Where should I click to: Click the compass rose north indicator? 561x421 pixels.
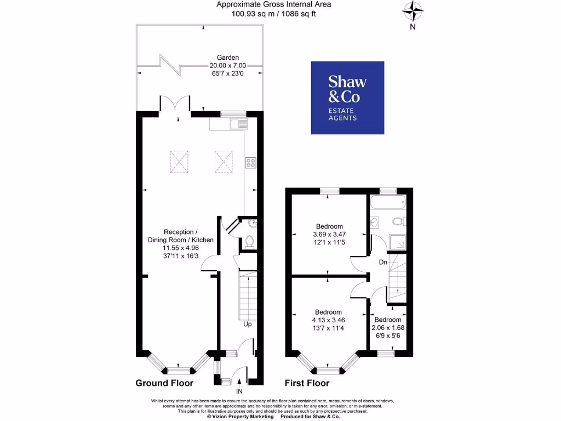[413, 11]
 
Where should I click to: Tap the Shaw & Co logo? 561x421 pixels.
[347, 98]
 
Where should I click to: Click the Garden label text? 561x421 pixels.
[227, 57]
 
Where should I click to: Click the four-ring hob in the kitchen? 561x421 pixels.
[250, 162]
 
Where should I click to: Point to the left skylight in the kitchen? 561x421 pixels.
[179, 161]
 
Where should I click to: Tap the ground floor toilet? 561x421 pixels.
[249, 240]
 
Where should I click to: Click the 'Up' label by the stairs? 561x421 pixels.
[248, 324]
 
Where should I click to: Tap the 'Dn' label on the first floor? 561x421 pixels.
[383, 263]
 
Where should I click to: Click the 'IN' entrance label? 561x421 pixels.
[239, 391]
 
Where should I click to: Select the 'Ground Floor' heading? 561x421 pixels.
[164, 383]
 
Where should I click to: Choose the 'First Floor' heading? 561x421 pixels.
[307, 383]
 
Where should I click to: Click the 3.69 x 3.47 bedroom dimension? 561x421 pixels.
[329, 234]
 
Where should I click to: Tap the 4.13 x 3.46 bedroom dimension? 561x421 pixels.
[329, 320]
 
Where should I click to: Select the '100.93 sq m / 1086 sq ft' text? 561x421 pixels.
[273, 14]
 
